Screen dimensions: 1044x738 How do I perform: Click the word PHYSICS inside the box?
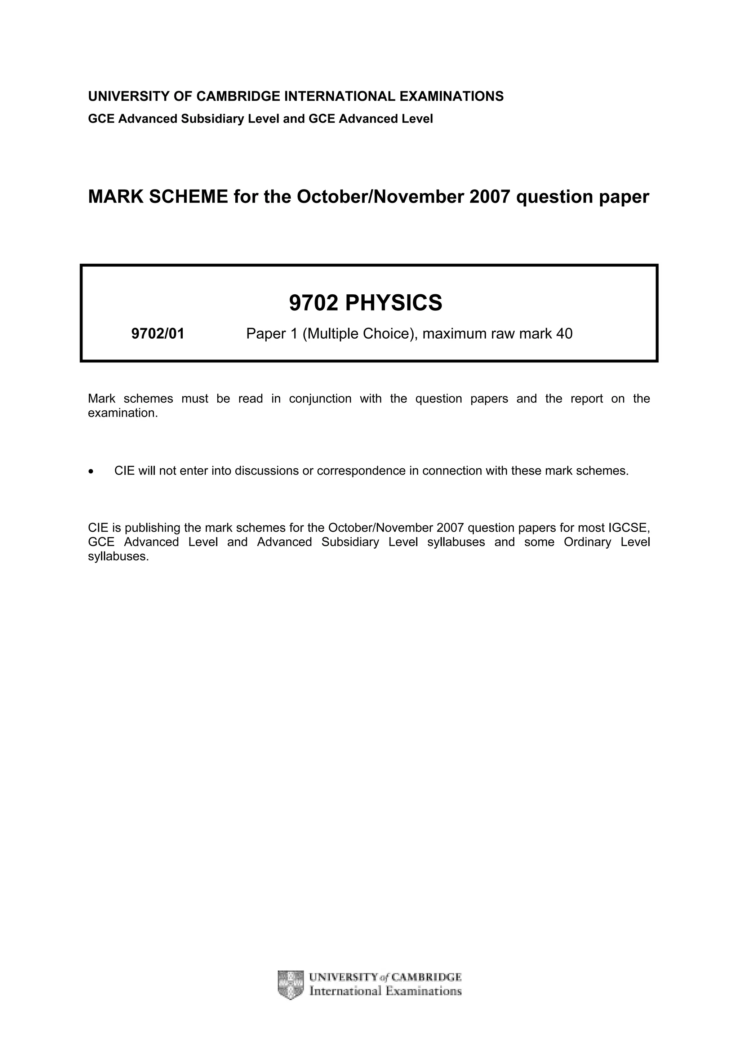point(394,303)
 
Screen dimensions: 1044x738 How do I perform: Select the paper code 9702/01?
point(158,334)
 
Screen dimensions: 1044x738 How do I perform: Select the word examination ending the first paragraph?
point(122,413)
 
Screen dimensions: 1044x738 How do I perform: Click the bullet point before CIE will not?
point(92,472)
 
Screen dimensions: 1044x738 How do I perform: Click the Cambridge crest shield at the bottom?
point(290,985)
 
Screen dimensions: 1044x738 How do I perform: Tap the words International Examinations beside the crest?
point(385,991)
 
